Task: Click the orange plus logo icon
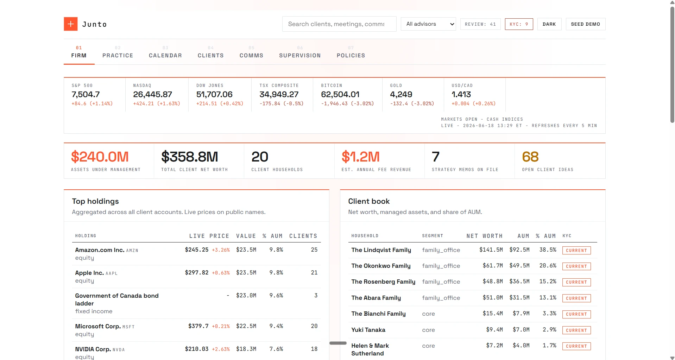71,24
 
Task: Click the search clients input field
339,24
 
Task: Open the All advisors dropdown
429,24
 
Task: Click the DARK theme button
549,24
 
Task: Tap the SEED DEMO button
586,24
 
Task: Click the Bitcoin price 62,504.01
340,94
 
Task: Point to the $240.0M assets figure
100,157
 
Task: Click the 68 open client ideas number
530,157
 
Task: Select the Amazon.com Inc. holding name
100,250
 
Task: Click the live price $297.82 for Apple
197,273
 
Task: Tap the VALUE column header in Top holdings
246,236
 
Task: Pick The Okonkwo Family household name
381,266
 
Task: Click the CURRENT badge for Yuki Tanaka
576,330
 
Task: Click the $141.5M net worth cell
491,250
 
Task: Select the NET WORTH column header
485,236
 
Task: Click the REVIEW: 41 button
480,24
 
